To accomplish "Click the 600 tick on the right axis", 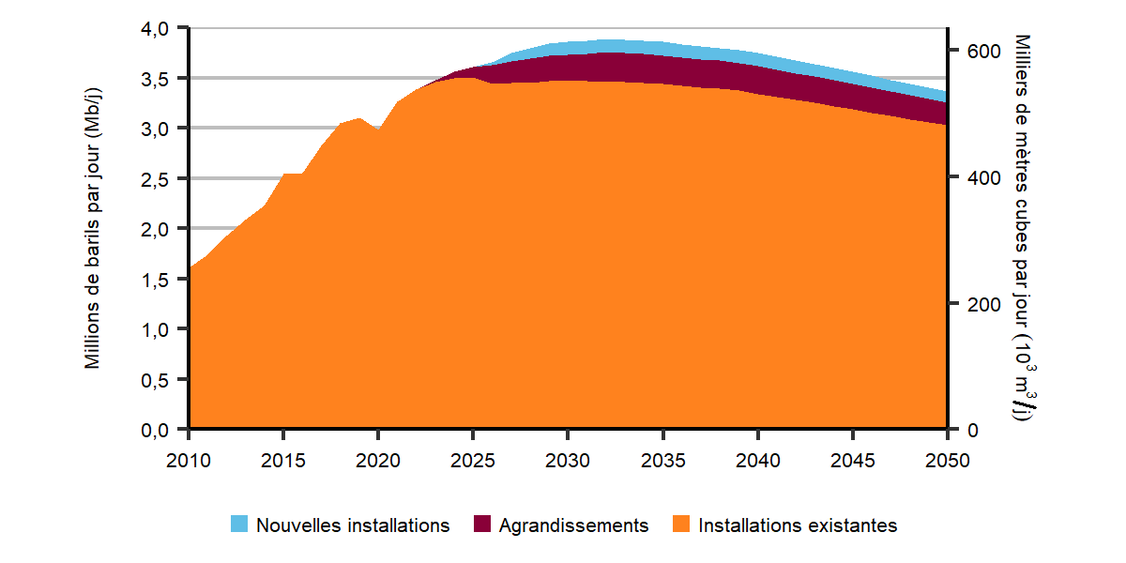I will coord(973,52).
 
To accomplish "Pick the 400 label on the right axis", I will coord(973,178).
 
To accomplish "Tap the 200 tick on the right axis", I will coord(973,304).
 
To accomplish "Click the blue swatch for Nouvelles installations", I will coord(240,525).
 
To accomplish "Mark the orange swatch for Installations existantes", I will coord(681,525).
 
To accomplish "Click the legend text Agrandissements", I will coord(573,525).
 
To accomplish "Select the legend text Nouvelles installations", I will coord(353,525).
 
